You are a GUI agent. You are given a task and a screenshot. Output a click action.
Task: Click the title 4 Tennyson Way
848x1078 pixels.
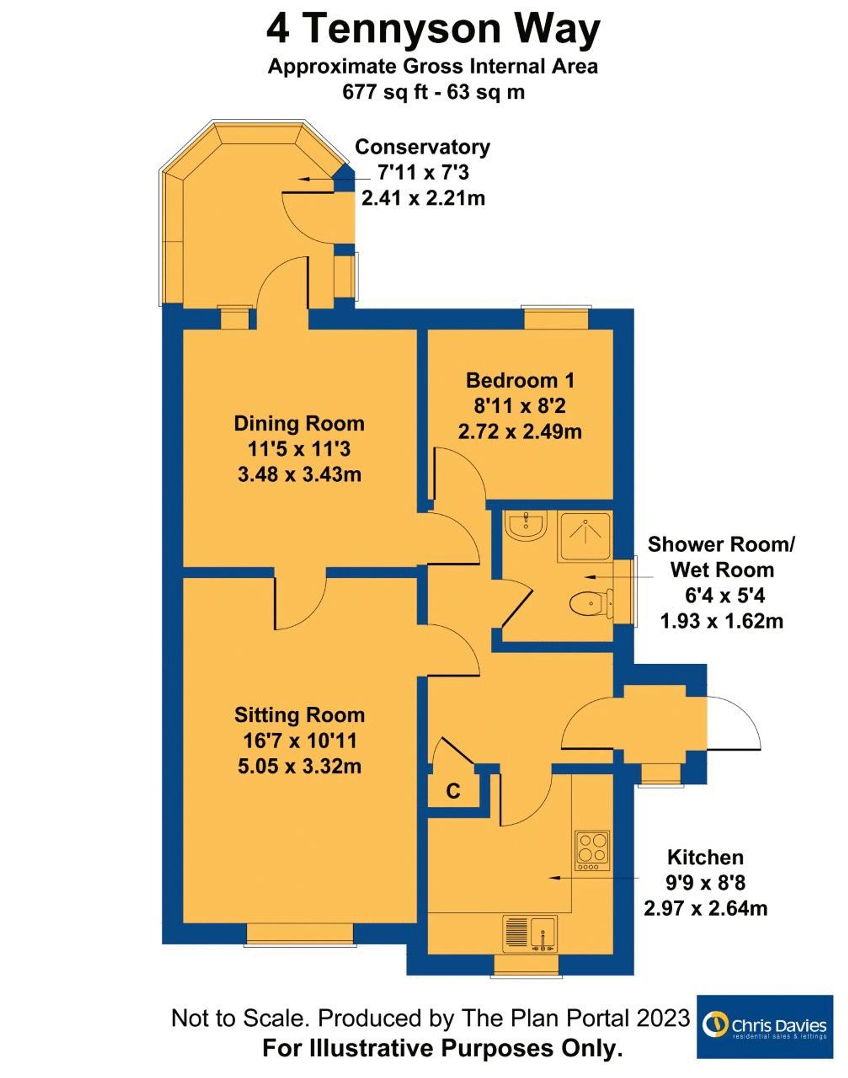coord(433,29)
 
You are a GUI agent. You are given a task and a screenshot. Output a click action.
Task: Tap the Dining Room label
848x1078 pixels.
coord(299,424)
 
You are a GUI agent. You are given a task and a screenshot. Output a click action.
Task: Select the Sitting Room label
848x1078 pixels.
coord(299,715)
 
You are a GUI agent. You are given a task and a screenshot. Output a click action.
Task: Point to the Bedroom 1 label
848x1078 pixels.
coord(520,381)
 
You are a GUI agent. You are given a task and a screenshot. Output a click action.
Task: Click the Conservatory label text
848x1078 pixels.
coord(422,148)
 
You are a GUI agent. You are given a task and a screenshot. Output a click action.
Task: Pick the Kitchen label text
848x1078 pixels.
coord(706,857)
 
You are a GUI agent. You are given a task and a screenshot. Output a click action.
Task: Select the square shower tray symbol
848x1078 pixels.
coord(586,537)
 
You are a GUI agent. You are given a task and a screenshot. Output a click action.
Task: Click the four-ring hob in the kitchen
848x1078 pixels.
coord(592,851)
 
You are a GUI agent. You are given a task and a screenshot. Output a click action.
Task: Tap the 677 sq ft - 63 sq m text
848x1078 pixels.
coord(433,92)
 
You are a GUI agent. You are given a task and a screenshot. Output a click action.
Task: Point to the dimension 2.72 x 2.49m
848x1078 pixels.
coord(520,432)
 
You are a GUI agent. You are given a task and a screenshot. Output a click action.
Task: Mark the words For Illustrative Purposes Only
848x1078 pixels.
coord(442,1049)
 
